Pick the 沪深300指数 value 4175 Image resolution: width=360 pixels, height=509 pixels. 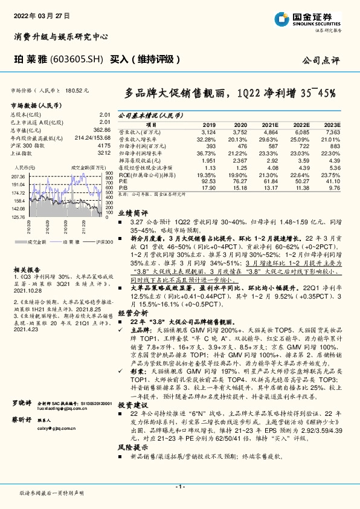click(x=104, y=145)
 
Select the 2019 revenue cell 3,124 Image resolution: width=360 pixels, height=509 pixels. click(x=207, y=131)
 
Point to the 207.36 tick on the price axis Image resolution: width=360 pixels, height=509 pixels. click(x=18, y=176)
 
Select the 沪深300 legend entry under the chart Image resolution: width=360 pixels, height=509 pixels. click(x=102, y=241)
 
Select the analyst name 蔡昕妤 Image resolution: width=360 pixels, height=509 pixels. click(x=22, y=452)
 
